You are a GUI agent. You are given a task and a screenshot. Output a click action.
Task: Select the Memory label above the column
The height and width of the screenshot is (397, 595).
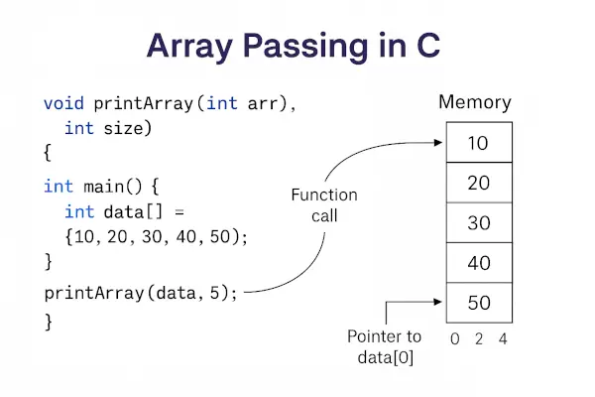(475, 102)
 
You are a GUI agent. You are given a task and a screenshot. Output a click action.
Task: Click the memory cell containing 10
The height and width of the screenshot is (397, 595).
(478, 143)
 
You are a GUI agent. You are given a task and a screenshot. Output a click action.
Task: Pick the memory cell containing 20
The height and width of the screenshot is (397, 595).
(478, 183)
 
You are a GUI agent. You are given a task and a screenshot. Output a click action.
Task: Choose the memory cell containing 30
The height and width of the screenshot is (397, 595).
(478, 222)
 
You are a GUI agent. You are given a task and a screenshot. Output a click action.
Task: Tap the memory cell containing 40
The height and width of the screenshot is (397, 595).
(478, 262)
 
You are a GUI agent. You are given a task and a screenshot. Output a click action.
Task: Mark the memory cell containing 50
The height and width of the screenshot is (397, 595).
(478, 302)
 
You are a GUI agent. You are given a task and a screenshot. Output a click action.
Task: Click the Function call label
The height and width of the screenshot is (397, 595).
(324, 204)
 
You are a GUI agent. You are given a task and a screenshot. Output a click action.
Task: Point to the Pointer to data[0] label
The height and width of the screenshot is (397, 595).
(385, 346)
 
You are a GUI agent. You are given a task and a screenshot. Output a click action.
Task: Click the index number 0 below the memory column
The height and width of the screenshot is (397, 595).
(454, 338)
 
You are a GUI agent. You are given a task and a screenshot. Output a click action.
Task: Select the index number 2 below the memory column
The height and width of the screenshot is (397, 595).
(479, 338)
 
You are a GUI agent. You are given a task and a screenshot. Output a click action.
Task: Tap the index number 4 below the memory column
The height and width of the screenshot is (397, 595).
(504, 338)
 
